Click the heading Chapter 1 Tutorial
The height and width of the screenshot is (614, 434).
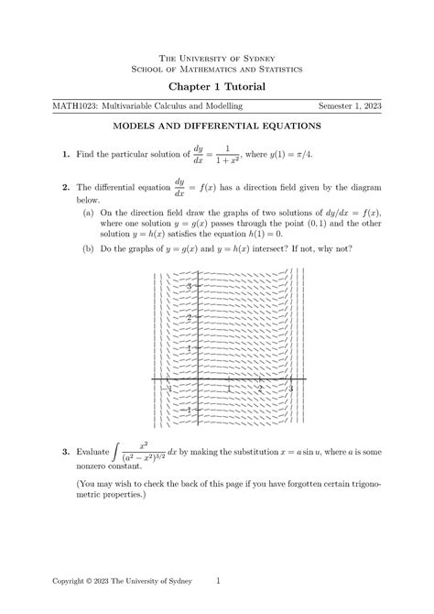coord(217,86)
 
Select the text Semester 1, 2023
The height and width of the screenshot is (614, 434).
coord(350,107)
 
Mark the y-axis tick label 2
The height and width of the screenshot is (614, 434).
coord(187,318)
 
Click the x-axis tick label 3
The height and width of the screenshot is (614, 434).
coord(290,389)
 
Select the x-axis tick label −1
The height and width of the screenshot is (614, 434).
coord(168,389)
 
